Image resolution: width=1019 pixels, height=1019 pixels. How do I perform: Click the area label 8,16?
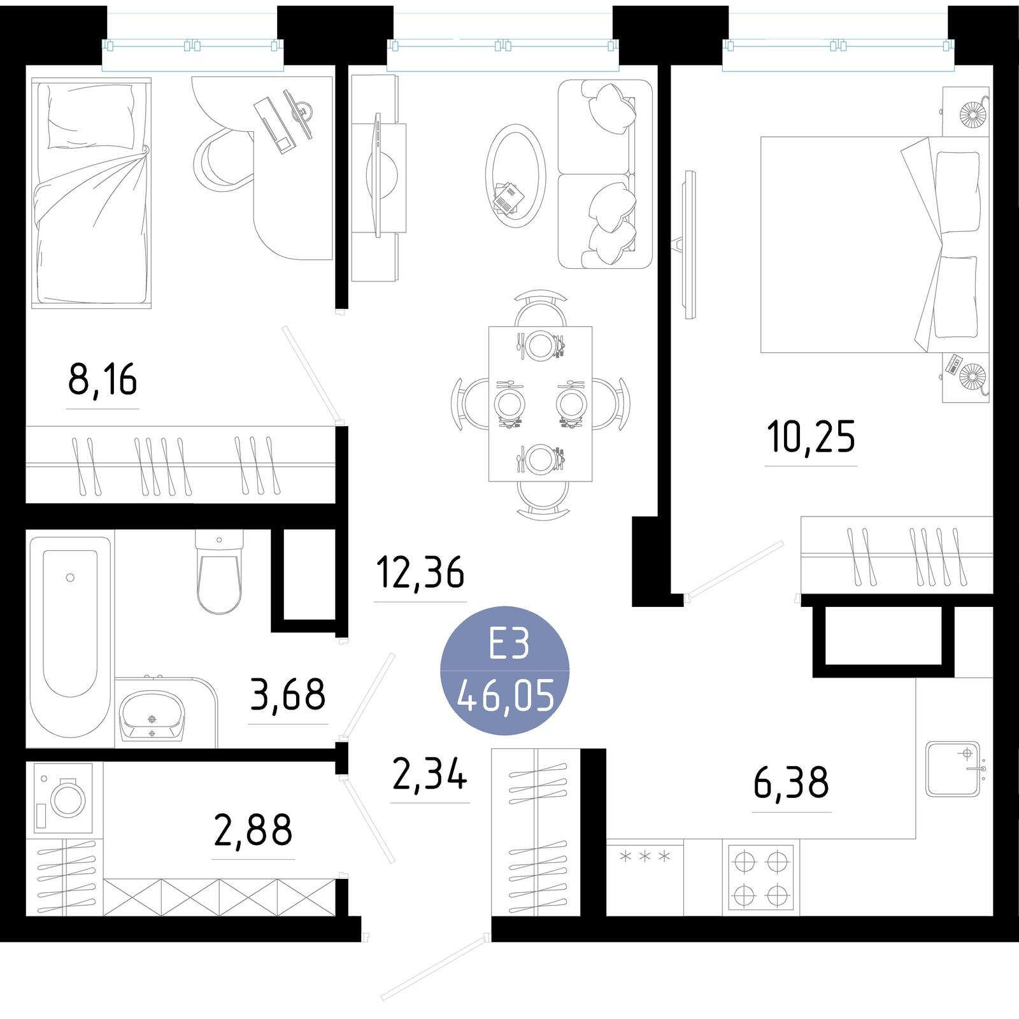103,380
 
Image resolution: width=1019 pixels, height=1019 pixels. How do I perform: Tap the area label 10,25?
811,437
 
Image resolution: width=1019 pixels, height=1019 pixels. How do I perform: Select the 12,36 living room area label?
420,572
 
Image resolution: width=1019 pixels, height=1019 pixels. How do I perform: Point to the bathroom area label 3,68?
288,694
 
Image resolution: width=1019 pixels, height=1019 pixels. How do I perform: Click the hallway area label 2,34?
430,774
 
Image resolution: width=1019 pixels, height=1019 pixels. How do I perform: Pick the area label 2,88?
253,830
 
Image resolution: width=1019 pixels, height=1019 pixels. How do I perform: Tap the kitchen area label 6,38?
791,783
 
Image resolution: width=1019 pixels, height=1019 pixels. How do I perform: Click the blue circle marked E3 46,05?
505,670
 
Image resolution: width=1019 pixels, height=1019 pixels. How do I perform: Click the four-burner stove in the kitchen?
761,878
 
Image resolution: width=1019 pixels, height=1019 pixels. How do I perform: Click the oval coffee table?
516,176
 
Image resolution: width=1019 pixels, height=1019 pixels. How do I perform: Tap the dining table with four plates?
540,404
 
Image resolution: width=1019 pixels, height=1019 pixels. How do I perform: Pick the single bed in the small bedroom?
91,193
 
